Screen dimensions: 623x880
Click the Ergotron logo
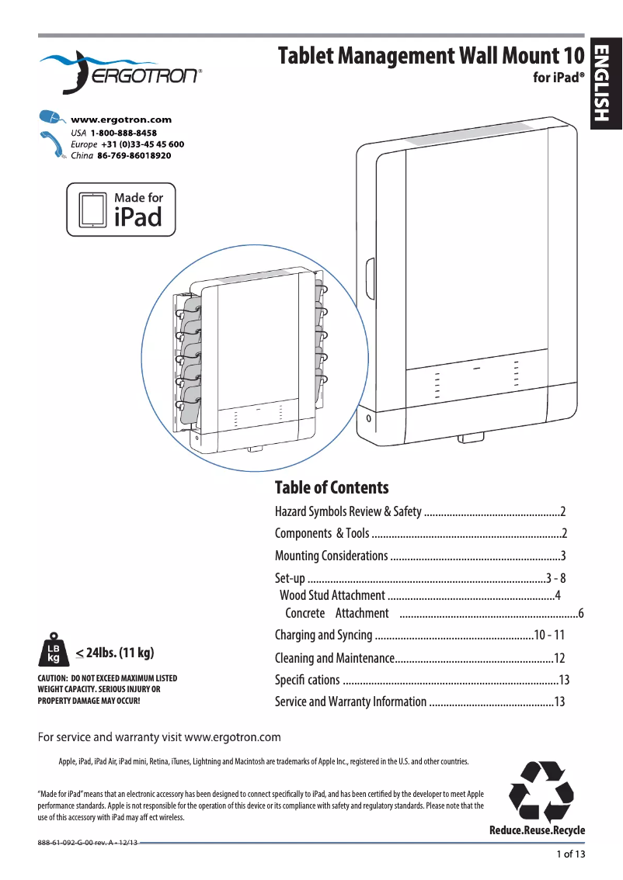coord(120,71)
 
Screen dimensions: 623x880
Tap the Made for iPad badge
coord(121,210)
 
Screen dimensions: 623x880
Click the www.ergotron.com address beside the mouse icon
coord(120,120)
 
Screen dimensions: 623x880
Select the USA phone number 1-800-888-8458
coord(118,133)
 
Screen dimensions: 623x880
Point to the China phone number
coord(134,155)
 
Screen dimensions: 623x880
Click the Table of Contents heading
coord(332,487)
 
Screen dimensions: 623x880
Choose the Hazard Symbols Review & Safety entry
coord(348,511)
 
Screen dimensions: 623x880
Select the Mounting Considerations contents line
coord(331,556)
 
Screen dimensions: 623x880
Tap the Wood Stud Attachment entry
coord(332,595)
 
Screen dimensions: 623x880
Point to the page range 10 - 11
coord(549,635)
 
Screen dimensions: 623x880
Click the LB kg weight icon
coord(54,650)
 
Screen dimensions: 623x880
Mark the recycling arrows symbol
coord(541,792)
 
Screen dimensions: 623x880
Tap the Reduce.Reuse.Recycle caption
coord(537,830)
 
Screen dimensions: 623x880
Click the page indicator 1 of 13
coord(570,854)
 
